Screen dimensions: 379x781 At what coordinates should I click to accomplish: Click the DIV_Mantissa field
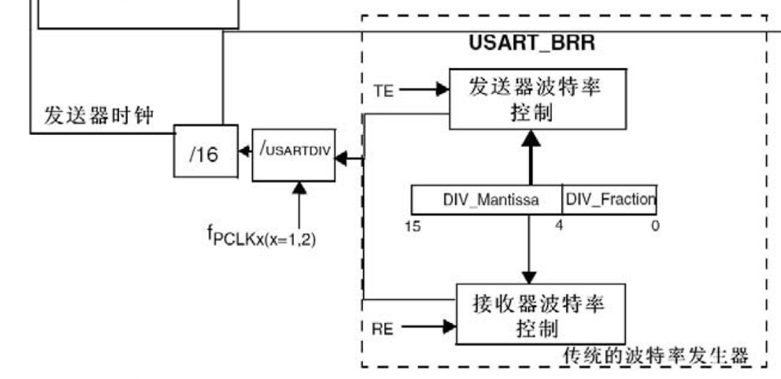coord(485,199)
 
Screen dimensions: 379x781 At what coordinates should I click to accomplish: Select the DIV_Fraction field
coord(610,199)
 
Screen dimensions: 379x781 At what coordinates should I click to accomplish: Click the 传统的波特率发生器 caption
coord(655,356)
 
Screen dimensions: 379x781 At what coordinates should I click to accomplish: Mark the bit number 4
coord(559,224)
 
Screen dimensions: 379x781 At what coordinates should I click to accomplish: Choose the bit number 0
coord(655,224)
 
